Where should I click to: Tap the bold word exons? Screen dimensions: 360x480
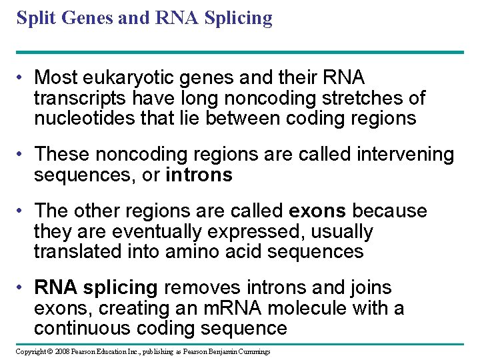[x=317, y=211]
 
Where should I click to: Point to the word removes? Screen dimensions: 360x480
[x=205, y=288]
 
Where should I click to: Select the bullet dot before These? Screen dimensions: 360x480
[x=22, y=155]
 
